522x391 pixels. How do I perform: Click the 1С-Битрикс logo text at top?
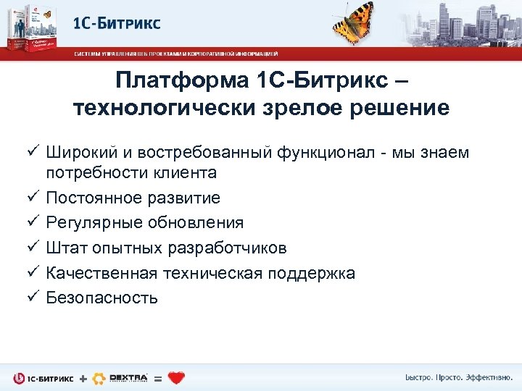coord(117,23)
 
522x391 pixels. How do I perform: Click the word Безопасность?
coord(102,298)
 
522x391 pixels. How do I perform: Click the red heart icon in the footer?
coord(176,377)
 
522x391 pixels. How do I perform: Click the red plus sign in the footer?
coord(83,378)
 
